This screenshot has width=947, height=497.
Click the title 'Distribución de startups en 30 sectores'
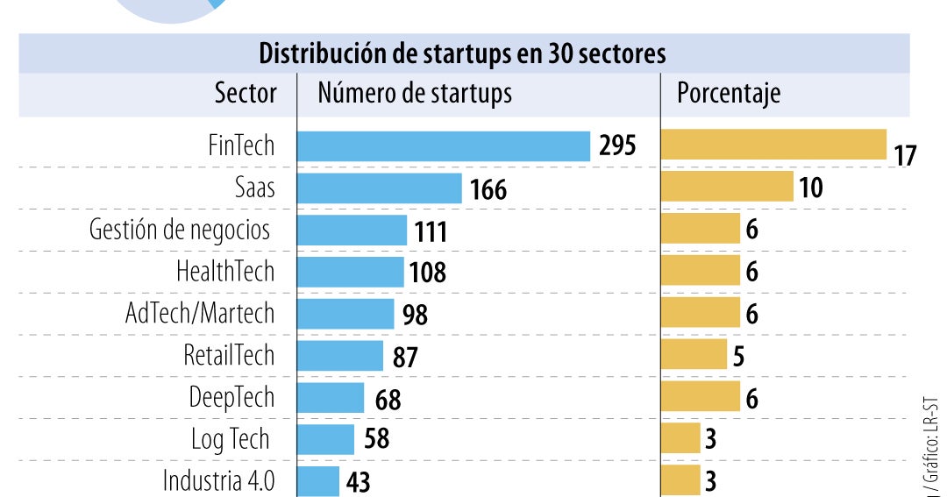[x=462, y=53]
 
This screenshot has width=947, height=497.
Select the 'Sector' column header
[x=246, y=94]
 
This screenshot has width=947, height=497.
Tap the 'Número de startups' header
[x=414, y=94]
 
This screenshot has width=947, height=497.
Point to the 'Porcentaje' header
[x=728, y=94]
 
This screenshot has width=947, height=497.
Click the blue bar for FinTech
[x=444, y=146]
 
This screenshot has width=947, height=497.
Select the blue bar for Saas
[x=380, y=188]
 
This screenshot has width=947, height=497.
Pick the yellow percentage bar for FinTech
[x=773, y=145]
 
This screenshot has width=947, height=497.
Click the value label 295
[x=617, y=146]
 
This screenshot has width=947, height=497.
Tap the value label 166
[x=488, y=189]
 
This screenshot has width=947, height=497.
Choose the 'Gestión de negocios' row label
[x=180, y=231]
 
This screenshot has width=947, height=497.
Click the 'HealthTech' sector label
[x=225, y=272]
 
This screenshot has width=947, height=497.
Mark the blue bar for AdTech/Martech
[x=345, y=314]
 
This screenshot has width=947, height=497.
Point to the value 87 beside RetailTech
[x=405, y=357]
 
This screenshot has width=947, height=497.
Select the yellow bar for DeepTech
[x=700, y=397]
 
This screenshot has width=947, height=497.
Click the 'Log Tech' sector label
[x=230, y=439]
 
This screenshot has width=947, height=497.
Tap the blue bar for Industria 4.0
[x=318, y=481]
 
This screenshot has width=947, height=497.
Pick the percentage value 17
[x=905, y=156]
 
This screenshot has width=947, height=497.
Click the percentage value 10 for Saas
[x=811, y=188]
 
